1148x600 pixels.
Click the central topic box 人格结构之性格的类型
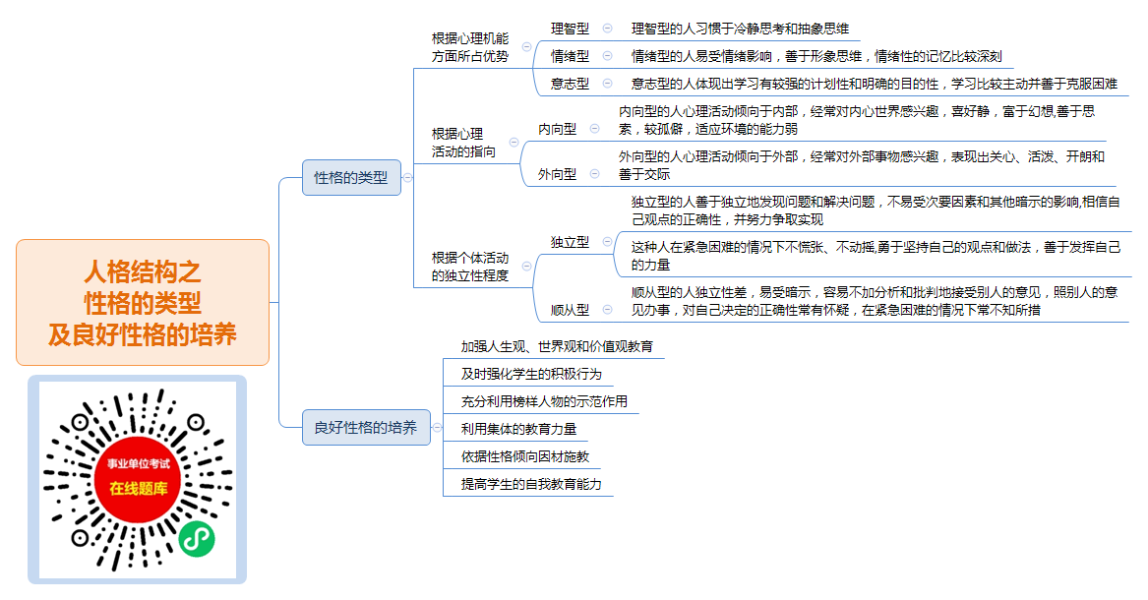(143, 302)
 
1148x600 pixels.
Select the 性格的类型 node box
(351, 178)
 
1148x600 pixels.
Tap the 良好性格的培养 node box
(366, 427)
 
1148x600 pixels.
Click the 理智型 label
(570, 29)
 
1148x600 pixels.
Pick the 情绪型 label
(570, 56)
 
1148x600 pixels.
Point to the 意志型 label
(570, 84)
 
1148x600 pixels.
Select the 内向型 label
(557, 129)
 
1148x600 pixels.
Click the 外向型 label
(557, 174)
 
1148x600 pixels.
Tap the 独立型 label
(570, 242)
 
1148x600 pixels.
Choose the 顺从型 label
(570, 310)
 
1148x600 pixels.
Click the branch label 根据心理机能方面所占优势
(470, 47)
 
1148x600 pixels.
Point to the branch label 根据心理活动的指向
(463, 143)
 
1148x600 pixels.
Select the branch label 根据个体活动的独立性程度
(470, 267)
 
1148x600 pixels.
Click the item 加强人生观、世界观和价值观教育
(557, 346)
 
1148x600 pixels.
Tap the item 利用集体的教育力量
(518, 429)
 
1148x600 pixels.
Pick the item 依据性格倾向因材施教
(525, 456)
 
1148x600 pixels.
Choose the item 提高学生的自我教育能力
(531, 484)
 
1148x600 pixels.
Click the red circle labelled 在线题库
(139, 479)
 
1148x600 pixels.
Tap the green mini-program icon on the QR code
(197, 539)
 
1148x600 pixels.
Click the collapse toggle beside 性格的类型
(408, 178)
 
